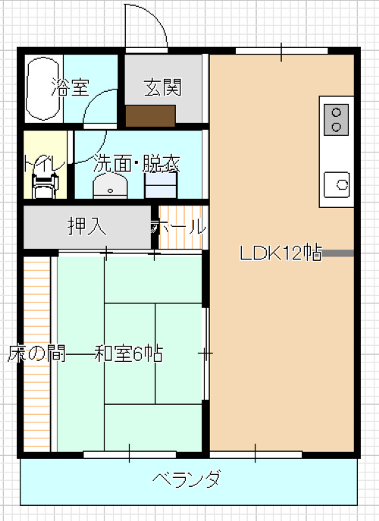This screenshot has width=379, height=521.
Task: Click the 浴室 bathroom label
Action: (x=70, y=87)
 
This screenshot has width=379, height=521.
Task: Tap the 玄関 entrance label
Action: (x=163, y=87)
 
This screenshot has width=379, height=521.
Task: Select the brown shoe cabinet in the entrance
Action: (x=151, y=115)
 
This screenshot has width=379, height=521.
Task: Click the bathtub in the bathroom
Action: (x=43, y=88)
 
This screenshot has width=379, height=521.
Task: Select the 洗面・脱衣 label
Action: (x=136, y=163)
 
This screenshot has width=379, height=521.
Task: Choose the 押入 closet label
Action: (x=86, y=226)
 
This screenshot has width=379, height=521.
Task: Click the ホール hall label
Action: (x=179, y=226)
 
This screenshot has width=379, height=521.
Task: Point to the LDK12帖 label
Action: (x=281, y=253)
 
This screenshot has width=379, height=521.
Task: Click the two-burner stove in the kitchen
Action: (x=336, y=119)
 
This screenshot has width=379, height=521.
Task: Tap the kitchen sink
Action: (x=337, y=184)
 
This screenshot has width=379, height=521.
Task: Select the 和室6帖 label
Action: (x=129, y=353)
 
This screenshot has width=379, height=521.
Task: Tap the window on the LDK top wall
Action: (x=280, y=51)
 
